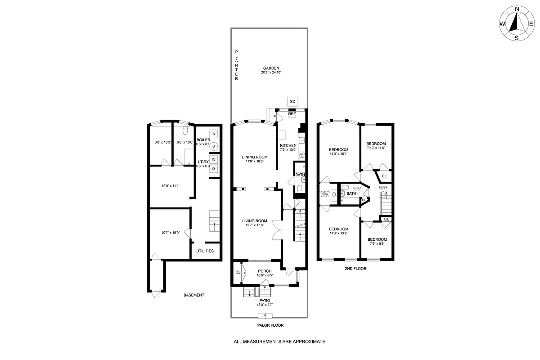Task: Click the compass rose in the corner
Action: click(x=517, y=23)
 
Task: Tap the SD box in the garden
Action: click(x=292, y=101)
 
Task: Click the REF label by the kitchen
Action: click(x=292, y=114)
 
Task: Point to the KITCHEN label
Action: click(x=288, y=145)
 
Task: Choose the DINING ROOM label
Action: click(x=254, y=157)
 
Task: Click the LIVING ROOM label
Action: click(x=255, y=221)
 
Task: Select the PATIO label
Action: click(x=265, y=300)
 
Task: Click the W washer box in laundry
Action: click(x=214, y=159)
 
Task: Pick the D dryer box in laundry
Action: click(x=214, y=169)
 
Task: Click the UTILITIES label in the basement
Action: click(x=205, y=251)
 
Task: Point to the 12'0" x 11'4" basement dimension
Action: click(x=171, y=186)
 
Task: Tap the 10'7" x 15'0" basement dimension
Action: click(x=171, y=233)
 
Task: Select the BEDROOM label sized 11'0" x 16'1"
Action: click(x=338, y=149)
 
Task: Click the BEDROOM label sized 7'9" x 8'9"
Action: click(x=377, y=239)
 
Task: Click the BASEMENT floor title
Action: click(x=193, y=295)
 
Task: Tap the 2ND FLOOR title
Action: click(x=355, y=269)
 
